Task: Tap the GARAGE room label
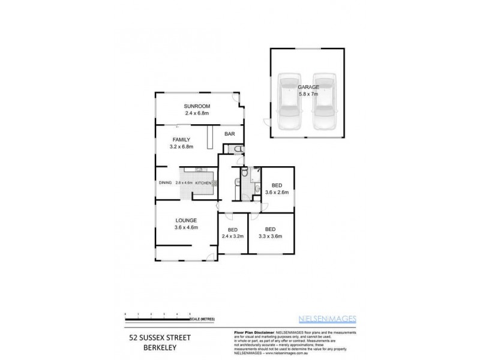point(308,87)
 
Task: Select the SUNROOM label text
point(196,106)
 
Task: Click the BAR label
point(229,134)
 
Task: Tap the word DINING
point(166,182)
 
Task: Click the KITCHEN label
point(203,182)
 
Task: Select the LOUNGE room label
point(186,220)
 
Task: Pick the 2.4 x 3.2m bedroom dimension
point(233,236)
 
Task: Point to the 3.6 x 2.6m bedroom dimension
point(277,193)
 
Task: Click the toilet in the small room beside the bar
point(238,149)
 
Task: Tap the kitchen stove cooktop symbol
point(214,182)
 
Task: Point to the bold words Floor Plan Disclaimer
point(253,332)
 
